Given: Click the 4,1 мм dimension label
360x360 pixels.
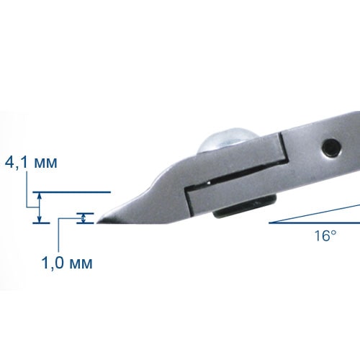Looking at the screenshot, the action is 31,163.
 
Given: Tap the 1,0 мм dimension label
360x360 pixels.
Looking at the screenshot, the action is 67,263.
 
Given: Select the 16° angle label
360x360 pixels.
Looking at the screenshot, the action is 325,235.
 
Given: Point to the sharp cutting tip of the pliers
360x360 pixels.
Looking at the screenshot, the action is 97,223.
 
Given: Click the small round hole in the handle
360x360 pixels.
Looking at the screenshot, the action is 331,148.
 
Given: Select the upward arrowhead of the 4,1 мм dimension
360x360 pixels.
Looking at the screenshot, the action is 40,197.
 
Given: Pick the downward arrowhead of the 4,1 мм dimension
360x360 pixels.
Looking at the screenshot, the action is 40,219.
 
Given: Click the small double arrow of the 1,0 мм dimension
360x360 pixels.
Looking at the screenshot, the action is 84,218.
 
